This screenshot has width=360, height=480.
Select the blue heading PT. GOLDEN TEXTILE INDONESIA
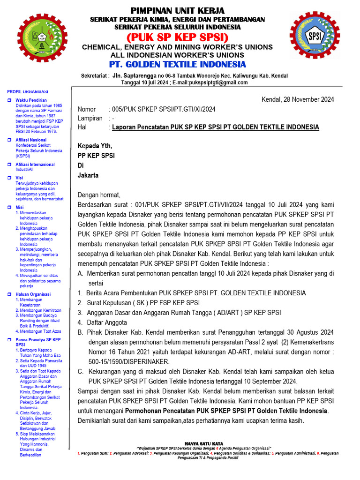[x=177, y=64]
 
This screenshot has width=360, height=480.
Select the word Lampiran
[x=90, y=118]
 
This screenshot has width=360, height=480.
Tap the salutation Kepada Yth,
[x=95, y=146]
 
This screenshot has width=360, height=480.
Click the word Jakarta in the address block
[x=88, y=175]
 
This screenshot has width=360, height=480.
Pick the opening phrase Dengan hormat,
[x=99, y=195]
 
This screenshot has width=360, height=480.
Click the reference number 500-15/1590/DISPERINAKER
[x=129, y=362]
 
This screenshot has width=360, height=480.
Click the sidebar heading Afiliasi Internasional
[x=35, y=165]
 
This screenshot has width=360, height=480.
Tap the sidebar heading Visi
[x=19, y=178]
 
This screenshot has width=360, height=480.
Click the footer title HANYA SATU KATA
[x=203, y=443]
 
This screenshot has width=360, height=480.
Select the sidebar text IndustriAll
[x=25, y=170]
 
